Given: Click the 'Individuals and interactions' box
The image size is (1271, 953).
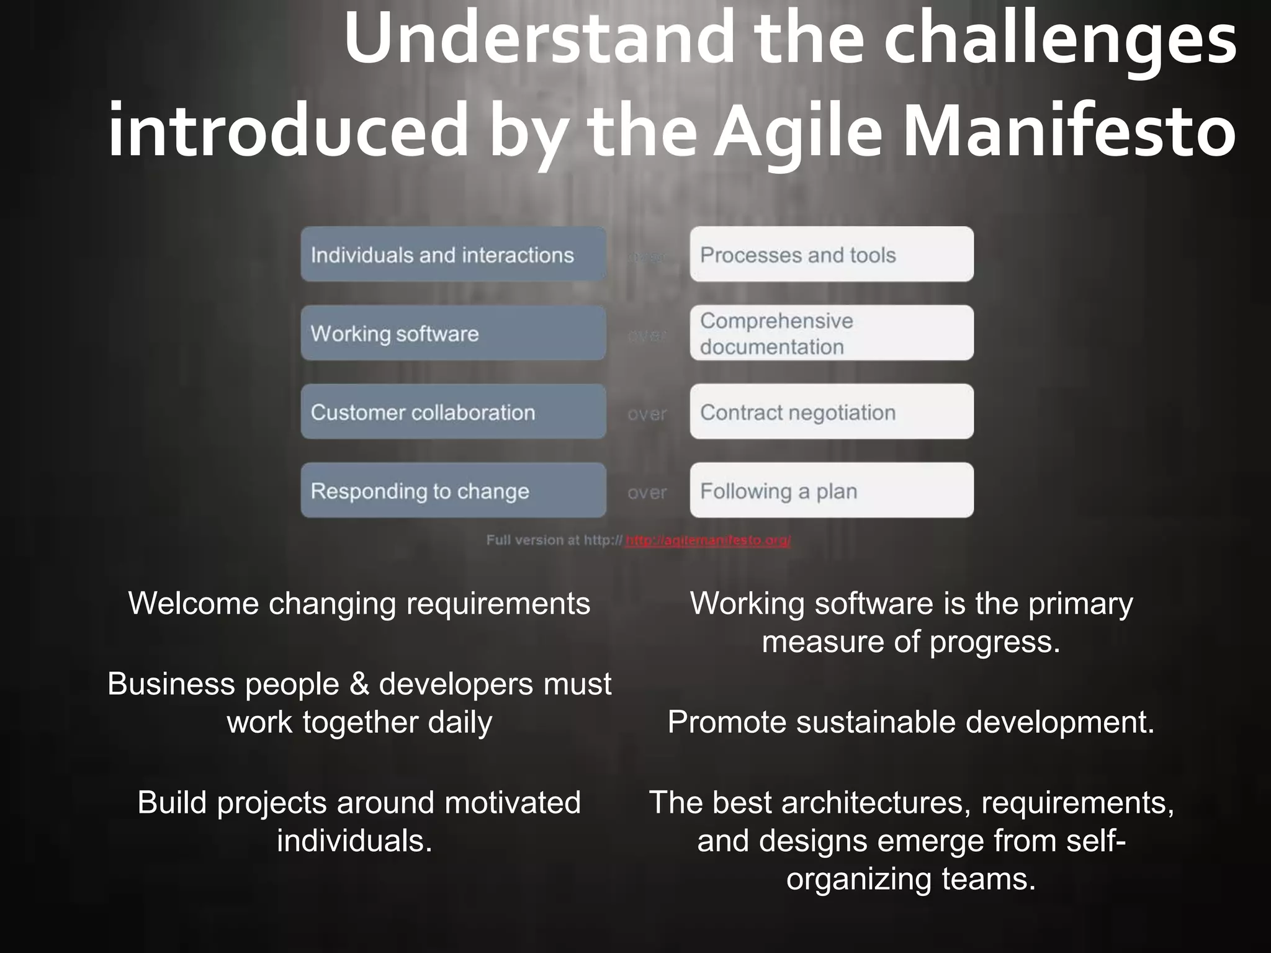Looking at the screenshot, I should pyautogui.click(x=453, y=254).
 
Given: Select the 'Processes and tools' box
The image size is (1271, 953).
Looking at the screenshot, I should pyautogui.click(x=832, y=254).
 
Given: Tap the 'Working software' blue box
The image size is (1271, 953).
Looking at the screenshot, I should pyautogui.click(x=453, y=333).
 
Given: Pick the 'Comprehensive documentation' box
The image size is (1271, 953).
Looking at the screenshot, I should pyautogui.click(x=832, y=333).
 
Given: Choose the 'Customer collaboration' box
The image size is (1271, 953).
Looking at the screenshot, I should pyautogui.click(x=453, y=412).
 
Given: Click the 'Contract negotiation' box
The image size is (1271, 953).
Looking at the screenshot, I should pyautogui.click(x=832, y=412).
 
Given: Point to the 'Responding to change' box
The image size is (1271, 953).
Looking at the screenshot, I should pyautogui.click(x=453, y=491).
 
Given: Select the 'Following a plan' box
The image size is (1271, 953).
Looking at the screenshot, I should pyautogui.click(x=832, y=491).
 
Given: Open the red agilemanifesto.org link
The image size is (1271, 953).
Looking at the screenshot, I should pyautogui.click(x=708, y=540).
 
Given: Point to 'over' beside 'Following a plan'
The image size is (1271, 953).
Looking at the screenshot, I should pyautogui.click(x=647, y=493).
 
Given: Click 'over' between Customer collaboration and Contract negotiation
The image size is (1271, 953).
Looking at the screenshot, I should pyautogui.click(x=647, y=414).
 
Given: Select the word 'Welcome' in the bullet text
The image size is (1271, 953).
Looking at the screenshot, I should pyautogui.click(x=193, y=603).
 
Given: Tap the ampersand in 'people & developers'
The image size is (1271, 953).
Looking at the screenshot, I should pyautogui.click(x=359, y=684).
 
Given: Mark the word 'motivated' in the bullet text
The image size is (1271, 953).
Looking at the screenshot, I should pyautogui.click(x=513, y=802).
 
